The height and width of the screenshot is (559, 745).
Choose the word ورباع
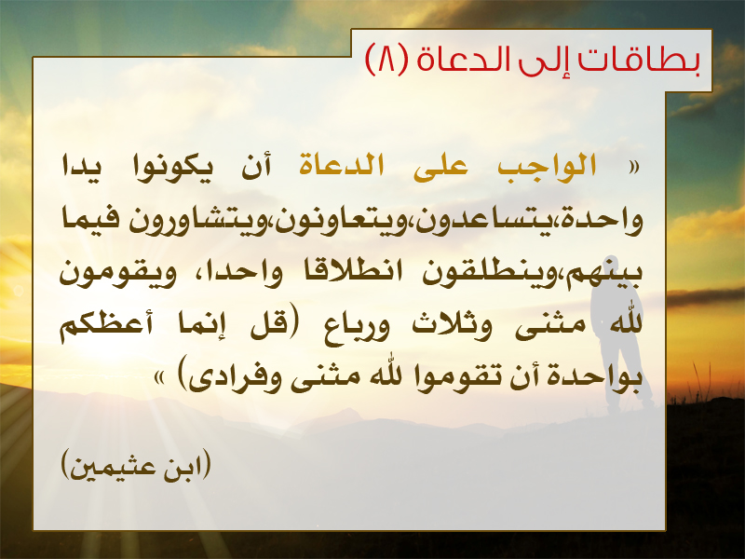(x=357, y=328)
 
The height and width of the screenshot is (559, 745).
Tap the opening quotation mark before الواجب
(x=633, y=168)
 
